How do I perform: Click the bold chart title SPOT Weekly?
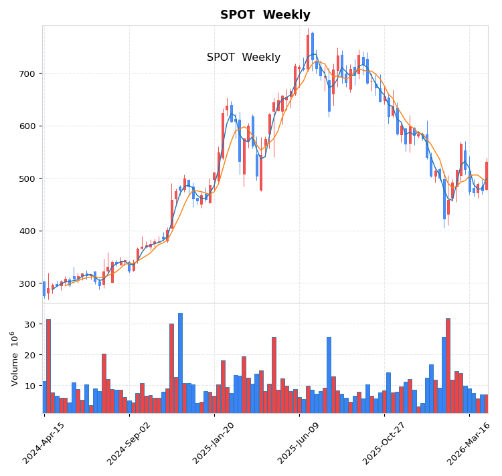coord(265,15)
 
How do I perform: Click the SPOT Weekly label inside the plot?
coord(244,57)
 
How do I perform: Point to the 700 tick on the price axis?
coord(25,74)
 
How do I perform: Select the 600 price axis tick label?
coord(25,126)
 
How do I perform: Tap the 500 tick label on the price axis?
coord(25,178)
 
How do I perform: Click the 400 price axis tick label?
coord(25,231)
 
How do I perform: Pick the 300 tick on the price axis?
coord(25,283)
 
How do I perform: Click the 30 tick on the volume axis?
coord(29,324)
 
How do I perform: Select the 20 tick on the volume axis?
coord(29,355)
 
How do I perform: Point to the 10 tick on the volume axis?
coord(29,386)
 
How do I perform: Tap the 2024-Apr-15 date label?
coord(44,443)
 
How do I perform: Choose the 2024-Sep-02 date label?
coord(129,443)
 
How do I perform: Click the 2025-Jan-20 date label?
coord(214,443)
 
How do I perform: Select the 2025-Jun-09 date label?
coord(299,443)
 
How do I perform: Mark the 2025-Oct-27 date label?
coord(384,443)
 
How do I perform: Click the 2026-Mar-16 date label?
coord(469,443)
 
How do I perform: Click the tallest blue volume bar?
coord(180,363)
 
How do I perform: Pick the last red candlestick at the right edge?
coord(487,175)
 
